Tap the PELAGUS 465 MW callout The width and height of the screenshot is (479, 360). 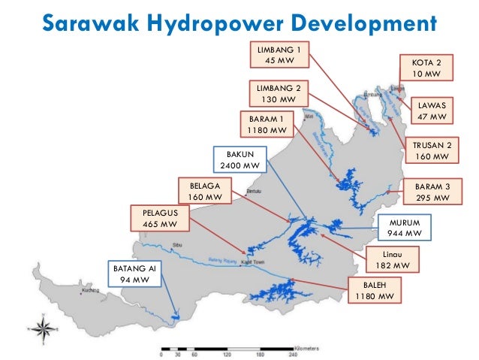(x=159, y=218)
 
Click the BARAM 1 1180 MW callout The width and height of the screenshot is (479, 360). (x=267, y=124)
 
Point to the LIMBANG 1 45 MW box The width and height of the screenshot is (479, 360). (x=273, y=54)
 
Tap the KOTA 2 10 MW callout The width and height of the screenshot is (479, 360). (x=426, y=68)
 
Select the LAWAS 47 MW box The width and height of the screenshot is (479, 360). (x=432, y=111)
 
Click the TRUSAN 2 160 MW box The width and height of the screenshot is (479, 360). (x=432, y=150)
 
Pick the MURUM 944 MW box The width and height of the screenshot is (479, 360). (x=406, y=228)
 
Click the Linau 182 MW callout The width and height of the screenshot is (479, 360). (x=392, y=260)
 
